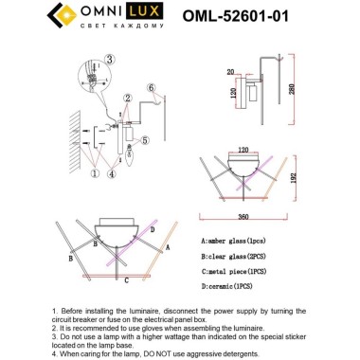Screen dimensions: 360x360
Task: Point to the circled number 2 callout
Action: (x=127, y=98)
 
